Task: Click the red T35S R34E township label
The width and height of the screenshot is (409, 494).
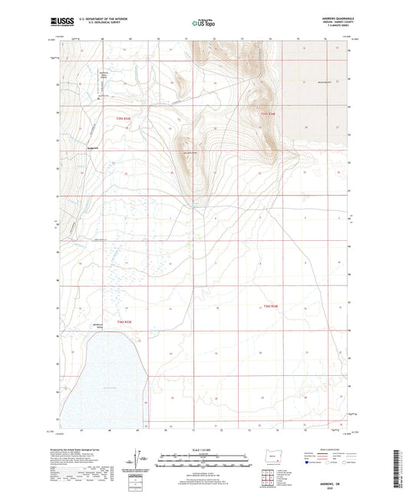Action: click(267, 115)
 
